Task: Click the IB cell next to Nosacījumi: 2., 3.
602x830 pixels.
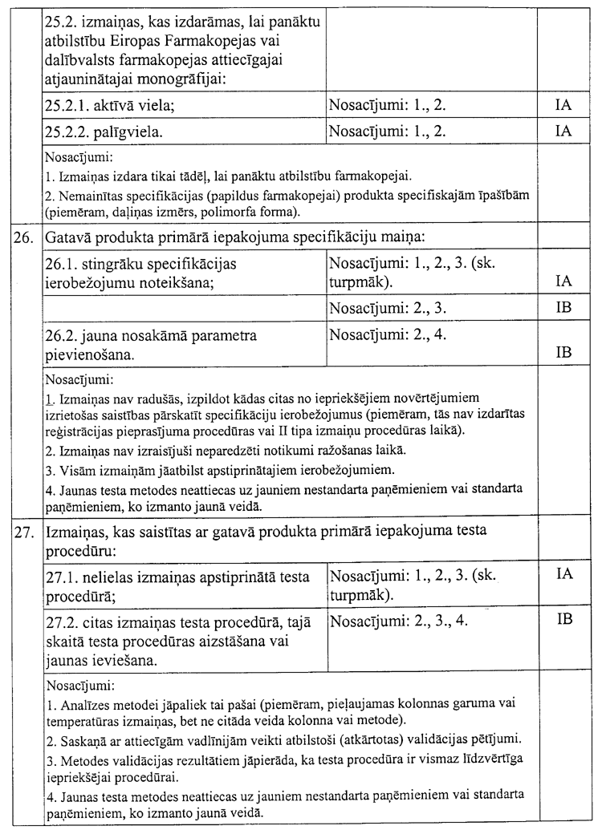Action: click(563, 306)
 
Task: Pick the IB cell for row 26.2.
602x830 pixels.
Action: click(563, 351)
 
